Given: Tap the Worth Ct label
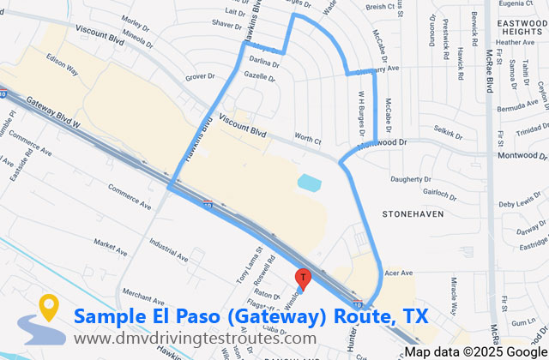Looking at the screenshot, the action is [x=306, y=137].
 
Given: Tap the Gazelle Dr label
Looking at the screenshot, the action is [x=258, y=76].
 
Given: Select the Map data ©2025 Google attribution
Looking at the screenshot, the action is [x=476, y=352].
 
